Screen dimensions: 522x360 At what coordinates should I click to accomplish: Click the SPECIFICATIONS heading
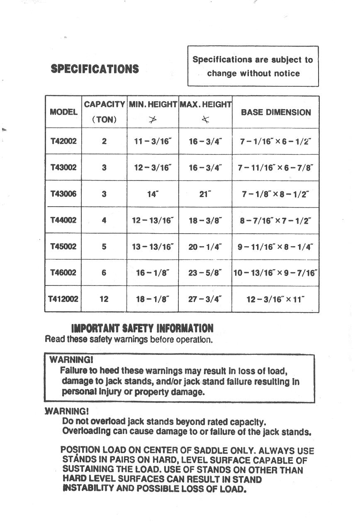click(x=95, y=69)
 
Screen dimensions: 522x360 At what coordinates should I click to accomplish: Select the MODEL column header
click(x=63, y=112)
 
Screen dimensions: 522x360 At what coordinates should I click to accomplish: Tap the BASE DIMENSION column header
click(x=276, y=112)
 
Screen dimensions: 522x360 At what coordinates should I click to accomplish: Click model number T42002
click(x=63, y=141)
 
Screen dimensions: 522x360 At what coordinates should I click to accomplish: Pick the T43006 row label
click(x=63, y=194)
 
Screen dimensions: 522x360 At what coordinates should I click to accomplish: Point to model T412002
click(x=63, y=299)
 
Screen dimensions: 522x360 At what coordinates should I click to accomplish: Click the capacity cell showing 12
click(x=104, y=299)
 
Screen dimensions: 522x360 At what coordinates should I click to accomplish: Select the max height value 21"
click(x=205, y=194)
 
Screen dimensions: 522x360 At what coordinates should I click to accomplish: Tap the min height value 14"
click(x=153, y=194)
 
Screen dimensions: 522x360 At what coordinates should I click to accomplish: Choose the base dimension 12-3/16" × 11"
click(x=275, y=299)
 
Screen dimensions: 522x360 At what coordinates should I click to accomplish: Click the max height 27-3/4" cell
click(x=205, y=299)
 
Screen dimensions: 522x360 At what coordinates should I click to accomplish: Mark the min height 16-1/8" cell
click(x=153, y=273)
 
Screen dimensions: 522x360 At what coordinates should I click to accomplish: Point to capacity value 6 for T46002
click(x=104, y=273)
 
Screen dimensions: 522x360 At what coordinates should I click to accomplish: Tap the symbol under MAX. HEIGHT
click(x=205, y=120)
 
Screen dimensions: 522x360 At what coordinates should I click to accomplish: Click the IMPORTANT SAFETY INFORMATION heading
click(x=142, y=329)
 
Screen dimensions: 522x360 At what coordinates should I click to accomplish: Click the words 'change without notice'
click(x=253, y=73)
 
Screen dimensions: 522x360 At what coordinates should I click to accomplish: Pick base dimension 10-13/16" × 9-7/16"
click(x=275, y=273)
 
